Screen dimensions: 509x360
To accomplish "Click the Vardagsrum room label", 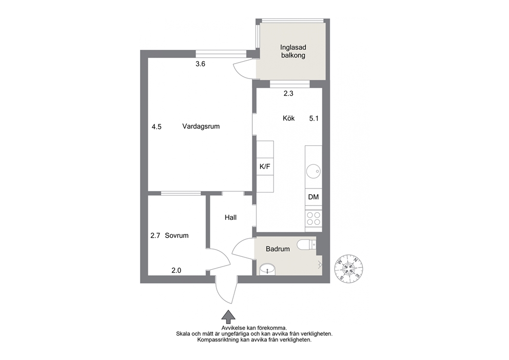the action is point(201,126).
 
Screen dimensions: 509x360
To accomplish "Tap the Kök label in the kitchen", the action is point(288,118).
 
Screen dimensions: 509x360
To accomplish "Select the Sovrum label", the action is point(177,236).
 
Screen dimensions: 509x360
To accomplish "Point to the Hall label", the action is point(230,217).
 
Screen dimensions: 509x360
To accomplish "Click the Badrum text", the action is point(278,249).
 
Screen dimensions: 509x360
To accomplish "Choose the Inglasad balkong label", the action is point(293,51).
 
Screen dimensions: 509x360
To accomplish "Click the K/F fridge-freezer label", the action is point(265,167).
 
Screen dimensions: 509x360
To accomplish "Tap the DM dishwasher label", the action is point(314,197).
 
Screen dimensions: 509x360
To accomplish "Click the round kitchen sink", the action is point(314,171).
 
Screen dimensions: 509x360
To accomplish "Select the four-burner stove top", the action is point(314,218).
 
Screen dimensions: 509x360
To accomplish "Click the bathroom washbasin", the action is point(267,269).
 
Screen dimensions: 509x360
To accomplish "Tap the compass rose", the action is point(348,269).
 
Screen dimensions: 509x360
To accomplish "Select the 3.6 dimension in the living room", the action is point(200,64).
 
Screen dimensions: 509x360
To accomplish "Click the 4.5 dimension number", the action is point(156,127).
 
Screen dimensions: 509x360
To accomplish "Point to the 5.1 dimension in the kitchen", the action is point(314,119).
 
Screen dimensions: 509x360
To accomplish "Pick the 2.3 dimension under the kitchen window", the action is point(288,93).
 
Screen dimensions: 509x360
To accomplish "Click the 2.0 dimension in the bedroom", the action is point(177,270).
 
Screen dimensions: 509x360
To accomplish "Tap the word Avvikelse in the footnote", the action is point(234,328).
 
